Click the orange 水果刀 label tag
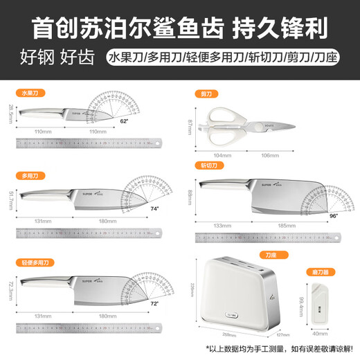(x=28, y=91)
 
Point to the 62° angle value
(x=125, y=121)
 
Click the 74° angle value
(x=154, y=208)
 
